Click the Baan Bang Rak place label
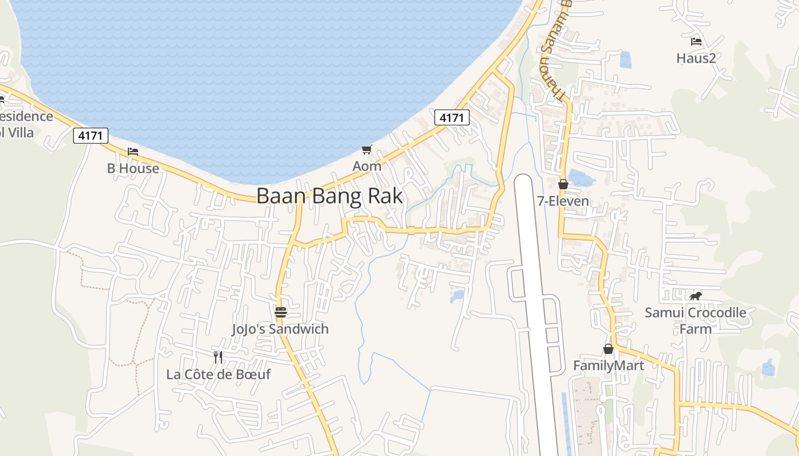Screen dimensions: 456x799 point(329,196)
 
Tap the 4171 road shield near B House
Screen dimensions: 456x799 point(91,136)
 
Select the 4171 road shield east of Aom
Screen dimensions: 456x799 point(451,117)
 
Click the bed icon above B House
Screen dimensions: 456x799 point(133,152)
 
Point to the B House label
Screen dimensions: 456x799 point(133,168)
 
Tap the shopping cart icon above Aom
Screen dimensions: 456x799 point(366,150)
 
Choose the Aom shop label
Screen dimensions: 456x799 point(366,166)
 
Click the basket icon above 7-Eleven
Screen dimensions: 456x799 point(563,184)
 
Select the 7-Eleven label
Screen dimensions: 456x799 point(563,201)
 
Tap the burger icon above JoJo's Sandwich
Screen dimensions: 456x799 point(280,312)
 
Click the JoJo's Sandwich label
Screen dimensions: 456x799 point(280,329)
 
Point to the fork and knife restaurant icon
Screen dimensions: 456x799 point(217,357)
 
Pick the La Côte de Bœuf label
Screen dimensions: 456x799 point(219,374)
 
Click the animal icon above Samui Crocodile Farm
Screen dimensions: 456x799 point(695,296)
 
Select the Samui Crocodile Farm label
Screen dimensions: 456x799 point(695,320)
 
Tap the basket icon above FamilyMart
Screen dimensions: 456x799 point(608,349)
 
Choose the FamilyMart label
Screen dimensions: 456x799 point(608,365)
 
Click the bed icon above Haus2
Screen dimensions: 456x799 point(696,42)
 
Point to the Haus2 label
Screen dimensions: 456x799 point(696,58)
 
